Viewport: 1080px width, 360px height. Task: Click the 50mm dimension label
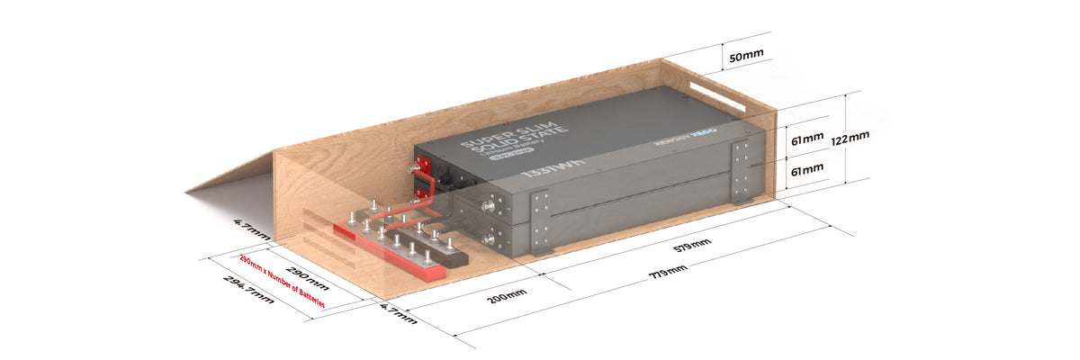point(746,55)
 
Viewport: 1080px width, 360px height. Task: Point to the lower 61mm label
point(805,168)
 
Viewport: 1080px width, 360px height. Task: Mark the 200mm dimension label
point(503,295)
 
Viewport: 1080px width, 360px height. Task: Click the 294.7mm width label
point(247,289)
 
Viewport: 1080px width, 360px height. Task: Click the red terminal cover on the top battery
point(419,168)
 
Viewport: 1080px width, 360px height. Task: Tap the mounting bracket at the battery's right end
point(742,171)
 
